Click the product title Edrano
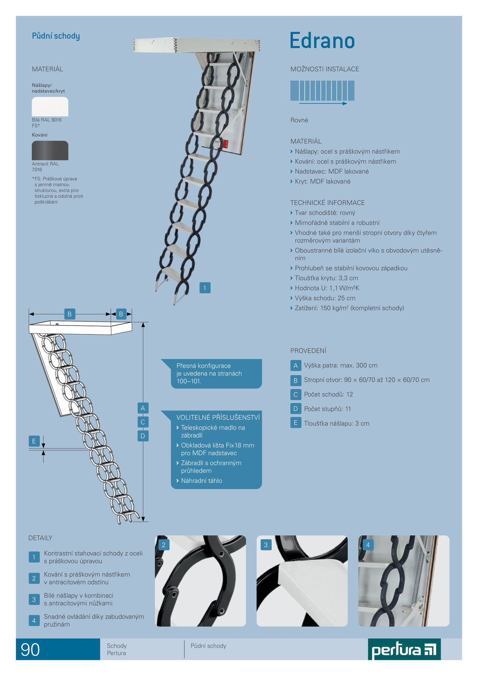322,41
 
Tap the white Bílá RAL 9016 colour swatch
50,107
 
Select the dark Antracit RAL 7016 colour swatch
50,150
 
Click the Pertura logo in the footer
404,649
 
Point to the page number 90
30,650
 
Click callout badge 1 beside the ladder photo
205,288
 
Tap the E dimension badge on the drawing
34,441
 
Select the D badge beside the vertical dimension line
143,436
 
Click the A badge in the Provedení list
295,365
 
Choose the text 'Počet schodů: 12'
328,395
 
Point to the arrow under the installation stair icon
323,103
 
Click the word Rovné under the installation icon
299,120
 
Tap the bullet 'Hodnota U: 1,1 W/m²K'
327,288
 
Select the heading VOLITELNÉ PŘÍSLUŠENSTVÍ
218,417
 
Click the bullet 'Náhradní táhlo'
202,481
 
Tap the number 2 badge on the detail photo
163,545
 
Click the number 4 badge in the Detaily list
34,621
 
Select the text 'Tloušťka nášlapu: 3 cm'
337,424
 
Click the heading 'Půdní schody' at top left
56,36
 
